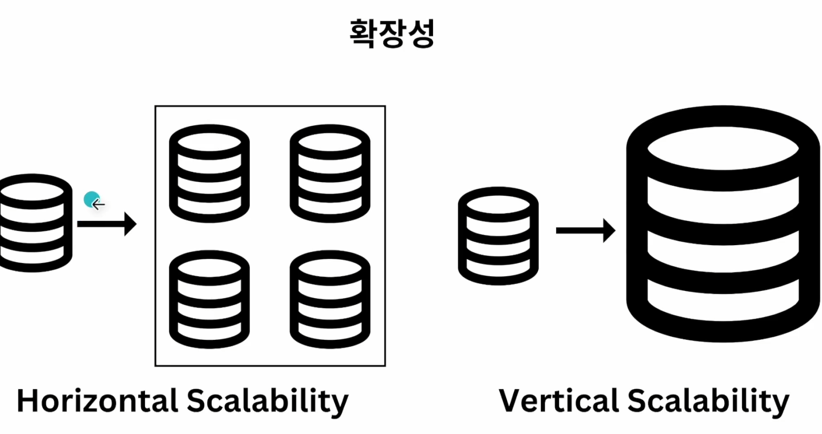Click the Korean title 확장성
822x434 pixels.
tap(392, 34)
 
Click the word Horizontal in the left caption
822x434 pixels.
tap(97, 401)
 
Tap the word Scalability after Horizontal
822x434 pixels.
tap(268, 401)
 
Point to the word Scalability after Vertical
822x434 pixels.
tap(708, 401)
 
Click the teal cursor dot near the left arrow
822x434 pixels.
tap(91, 199)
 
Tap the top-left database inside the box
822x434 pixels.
tap(209, 174)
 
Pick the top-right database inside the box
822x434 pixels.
tap(330, 174)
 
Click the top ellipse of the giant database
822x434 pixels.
tap(723, 148)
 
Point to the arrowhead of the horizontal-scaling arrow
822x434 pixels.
tap(130, 224)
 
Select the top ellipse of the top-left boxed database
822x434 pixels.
tap(209, 142)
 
